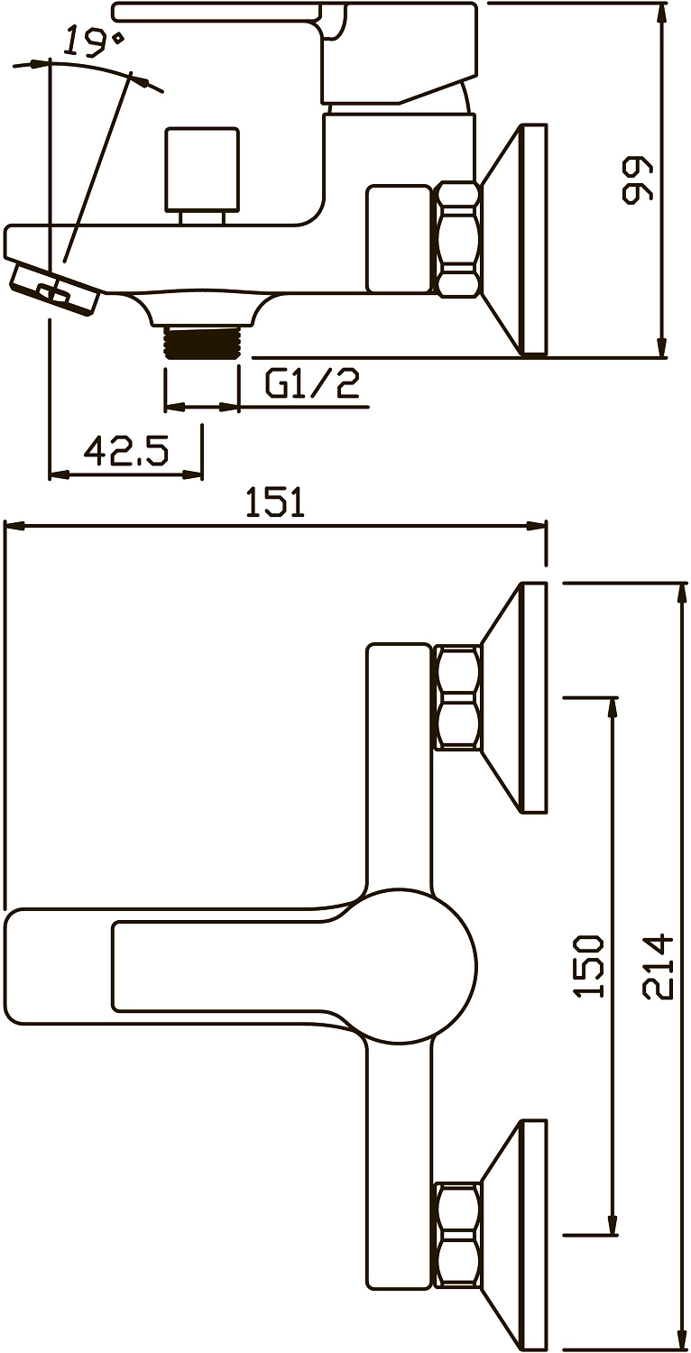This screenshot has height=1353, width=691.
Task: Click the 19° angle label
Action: click(x=95, y=41)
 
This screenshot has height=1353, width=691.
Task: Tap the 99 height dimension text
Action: click(x=638, y=179)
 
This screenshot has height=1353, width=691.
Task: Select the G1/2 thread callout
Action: click(x=313, y=383)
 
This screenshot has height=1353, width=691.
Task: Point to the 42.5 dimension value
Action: click(x=125, y=450)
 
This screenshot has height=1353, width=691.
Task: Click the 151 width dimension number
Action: click(x=275, y=502)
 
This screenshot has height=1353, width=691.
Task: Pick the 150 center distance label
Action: click(x=590, y=965)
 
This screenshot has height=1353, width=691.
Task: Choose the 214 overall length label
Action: click(x=658, y=966)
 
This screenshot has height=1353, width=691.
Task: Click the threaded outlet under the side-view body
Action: click(x=202, y=343)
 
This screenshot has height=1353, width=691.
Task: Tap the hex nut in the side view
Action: click(x=458, y=239)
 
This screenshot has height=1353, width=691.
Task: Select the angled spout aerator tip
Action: click(x=54, y=286)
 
